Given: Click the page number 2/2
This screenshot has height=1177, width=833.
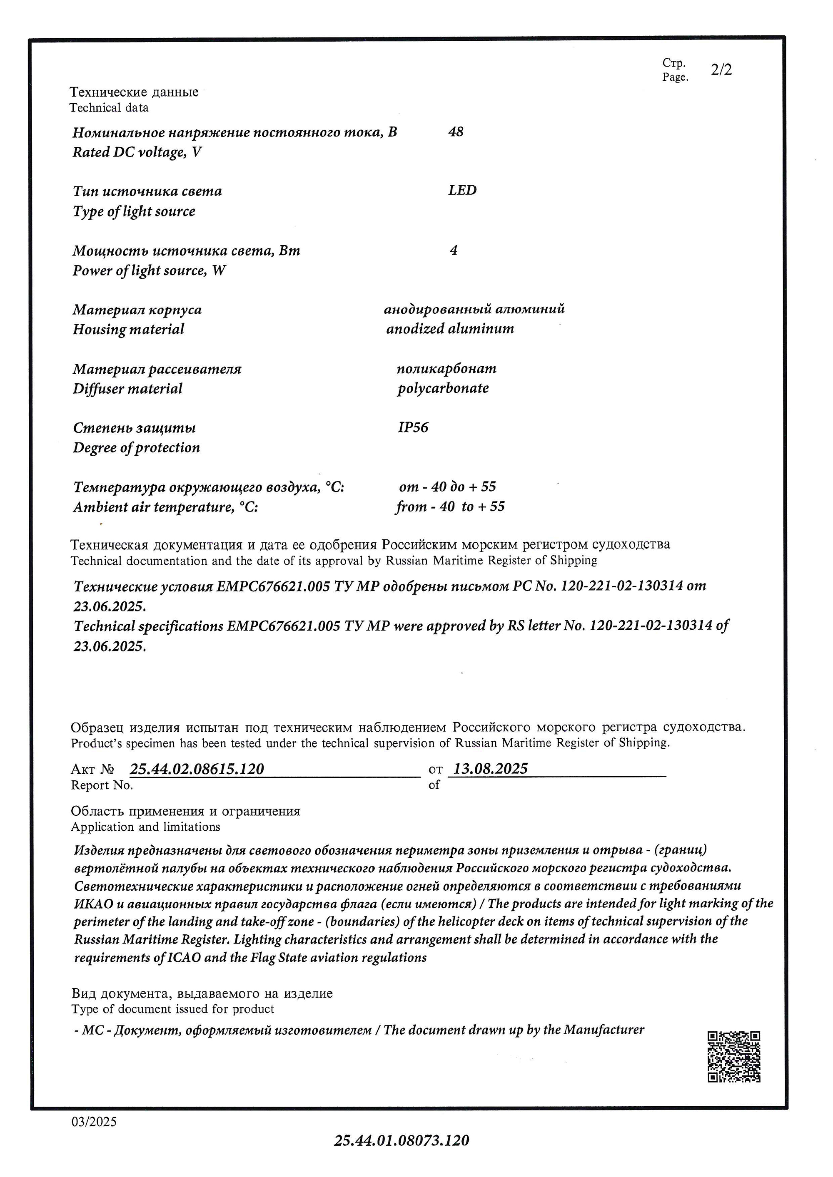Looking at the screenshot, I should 721,70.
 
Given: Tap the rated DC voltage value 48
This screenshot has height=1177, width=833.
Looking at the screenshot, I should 456,132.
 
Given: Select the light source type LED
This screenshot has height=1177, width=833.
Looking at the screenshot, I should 462,191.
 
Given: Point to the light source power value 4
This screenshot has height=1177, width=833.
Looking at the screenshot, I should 454,250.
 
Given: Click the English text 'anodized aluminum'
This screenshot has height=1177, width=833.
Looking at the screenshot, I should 450,329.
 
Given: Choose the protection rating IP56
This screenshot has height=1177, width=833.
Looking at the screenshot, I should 413,427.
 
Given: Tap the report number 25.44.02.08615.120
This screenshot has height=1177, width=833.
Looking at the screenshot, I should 197,769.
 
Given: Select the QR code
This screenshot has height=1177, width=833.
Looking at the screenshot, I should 733,1057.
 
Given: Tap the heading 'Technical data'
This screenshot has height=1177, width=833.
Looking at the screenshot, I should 109,108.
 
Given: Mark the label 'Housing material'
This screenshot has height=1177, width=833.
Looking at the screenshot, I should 128,329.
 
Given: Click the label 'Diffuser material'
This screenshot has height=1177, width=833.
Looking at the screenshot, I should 127,389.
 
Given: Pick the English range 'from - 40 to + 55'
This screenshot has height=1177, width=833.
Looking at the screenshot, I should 450,507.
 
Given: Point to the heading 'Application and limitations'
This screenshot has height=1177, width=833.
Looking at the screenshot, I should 146,827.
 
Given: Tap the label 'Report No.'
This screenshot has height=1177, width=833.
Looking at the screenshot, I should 102,785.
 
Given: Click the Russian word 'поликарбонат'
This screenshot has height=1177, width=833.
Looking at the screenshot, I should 446,369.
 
